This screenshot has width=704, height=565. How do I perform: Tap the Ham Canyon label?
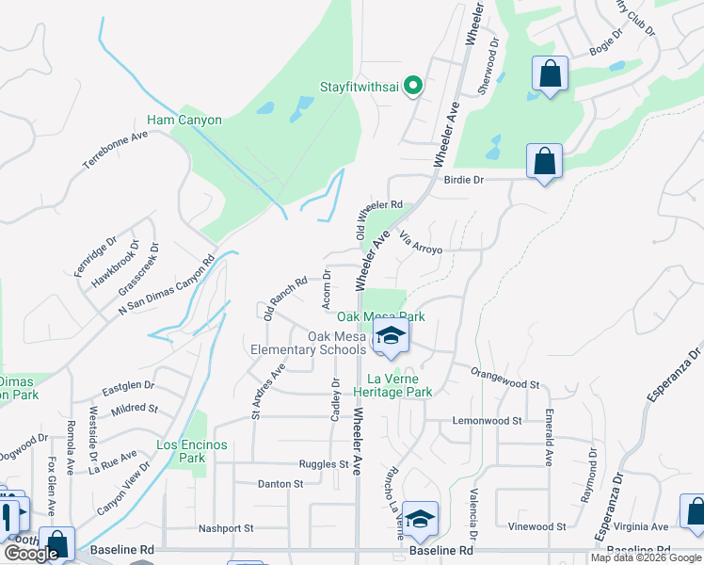pyautogui.click(x=184, y=121)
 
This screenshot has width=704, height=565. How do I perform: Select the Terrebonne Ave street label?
pyautogui.click(x=116, y=149)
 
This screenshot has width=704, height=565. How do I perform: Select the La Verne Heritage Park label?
pyautogui.click(x=392, y=385)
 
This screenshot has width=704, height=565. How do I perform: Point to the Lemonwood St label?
pyautogui.click(x=488, y=420)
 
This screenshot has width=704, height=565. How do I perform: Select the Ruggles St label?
pyautogui.click(x=324, y=464)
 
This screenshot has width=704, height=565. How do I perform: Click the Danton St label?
pyautogui.click(x=280, y=483)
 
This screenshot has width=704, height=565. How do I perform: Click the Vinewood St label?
pyautogui.click(x=536, y=526)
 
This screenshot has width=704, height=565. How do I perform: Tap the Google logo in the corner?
pyautogui.click(x=31, y=554)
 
